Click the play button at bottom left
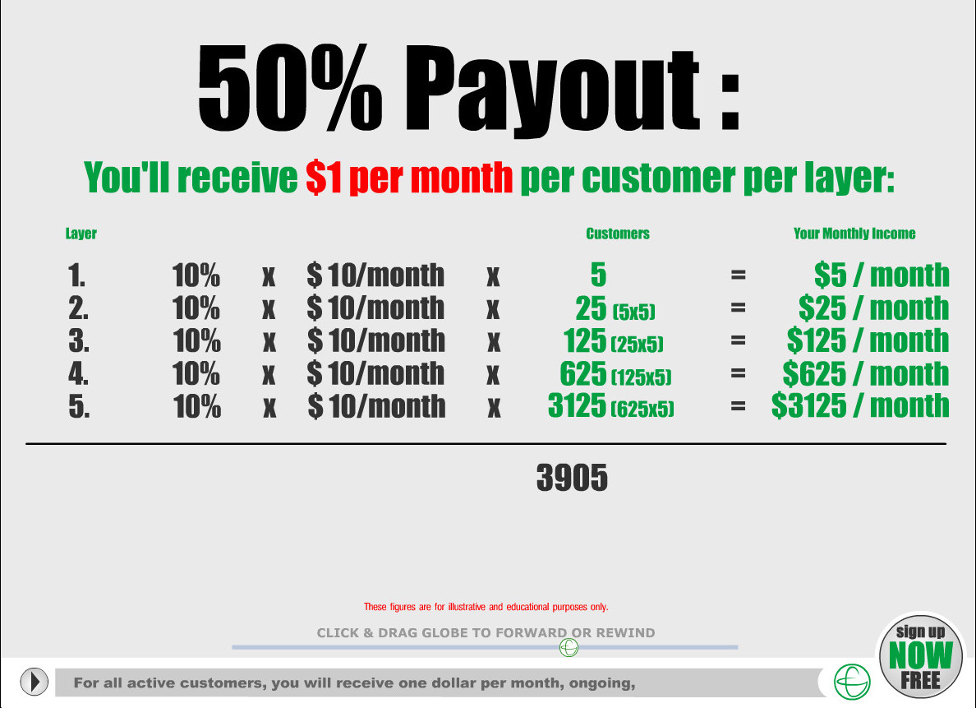click(x=35, y=681)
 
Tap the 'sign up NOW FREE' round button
click(x=921, y=656)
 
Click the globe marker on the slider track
click(x=569, y=647)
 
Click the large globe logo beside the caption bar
click(x=851, y=682)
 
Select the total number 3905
click(x=572, y=478)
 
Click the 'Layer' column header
click(x=81, y=234)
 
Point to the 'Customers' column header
click(x=618, y=234)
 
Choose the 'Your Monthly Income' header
click(x=854, y=234)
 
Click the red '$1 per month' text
click(x=409, y=178)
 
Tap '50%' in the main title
click(x=290, y=88)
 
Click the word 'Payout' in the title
click(x=554, y=91)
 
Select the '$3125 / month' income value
click(x=860, y=405)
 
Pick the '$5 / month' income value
click(x=882, y=275)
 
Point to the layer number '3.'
click(x=78, y=341)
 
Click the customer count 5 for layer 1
click(x=598, y=275)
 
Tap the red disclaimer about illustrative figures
click(x=486, y=606)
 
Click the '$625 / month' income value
click(x=866, y=373)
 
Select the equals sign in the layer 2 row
click(x=739, y=308)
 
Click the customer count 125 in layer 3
click(x=584, y=341)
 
